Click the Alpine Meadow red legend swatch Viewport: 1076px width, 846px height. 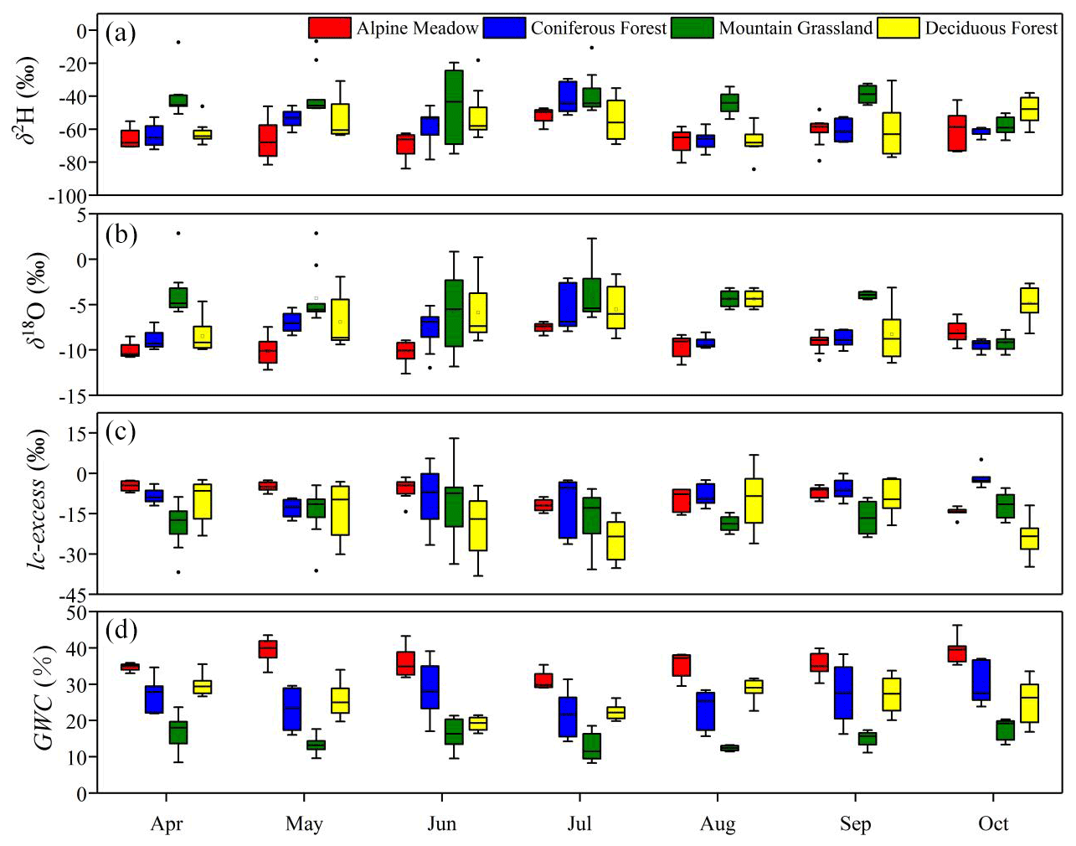tap(329, 28)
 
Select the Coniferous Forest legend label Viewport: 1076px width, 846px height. tap(598, 28)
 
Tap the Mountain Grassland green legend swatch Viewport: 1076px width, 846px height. tap(692, 28)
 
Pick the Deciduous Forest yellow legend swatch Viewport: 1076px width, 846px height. tap(898, 28)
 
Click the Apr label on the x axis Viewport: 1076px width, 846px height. tap(166, 823)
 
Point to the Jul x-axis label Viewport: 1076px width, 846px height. tap(579, 823)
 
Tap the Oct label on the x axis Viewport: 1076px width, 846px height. tap(993, 823)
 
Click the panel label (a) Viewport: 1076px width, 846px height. tap(121, 34)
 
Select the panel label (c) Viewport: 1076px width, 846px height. tap(121, 432)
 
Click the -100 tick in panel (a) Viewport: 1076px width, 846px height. tap(69, 197)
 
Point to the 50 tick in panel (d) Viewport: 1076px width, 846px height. tap(76, 612)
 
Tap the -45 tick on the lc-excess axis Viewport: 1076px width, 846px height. tap(71, 595)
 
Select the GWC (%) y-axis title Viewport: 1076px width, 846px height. tap(42, 697)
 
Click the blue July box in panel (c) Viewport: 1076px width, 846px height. tap(568, 509)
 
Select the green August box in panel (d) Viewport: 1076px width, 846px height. tap(729, 748)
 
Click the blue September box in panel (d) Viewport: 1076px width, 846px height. tap(843, 693)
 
